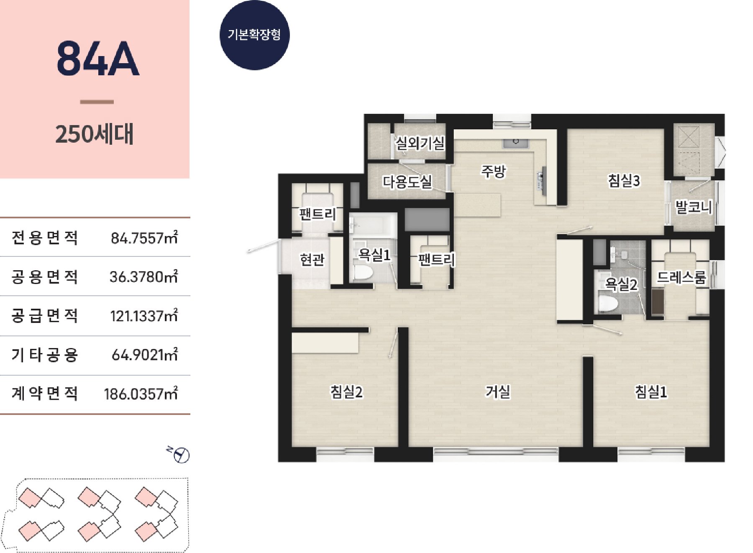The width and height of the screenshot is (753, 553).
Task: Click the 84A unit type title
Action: coord(97,59)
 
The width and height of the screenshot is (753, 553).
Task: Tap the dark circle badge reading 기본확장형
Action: coord(254,35)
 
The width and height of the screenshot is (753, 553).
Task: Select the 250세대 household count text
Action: coord(95,134)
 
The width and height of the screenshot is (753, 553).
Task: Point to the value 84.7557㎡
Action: coord(144,238)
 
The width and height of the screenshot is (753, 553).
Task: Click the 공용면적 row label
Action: coord(44,276)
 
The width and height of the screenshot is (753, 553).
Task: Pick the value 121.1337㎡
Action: coord(144,316)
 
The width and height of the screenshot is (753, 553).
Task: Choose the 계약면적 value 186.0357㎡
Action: coord(141,394)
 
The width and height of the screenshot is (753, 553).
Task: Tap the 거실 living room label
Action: coord(498,392)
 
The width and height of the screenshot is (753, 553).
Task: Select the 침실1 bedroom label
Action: coord(651,392)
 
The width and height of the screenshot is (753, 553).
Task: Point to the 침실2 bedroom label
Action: coord(346,392)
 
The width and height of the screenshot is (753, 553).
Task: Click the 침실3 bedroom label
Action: coord(624,181)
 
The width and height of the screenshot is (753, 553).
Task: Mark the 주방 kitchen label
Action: coord(494,171)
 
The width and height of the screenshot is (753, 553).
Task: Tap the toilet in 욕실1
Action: coord(362,271)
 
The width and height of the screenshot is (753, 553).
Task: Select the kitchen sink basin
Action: coord(516,142)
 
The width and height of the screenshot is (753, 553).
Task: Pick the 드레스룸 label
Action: coord(681,277)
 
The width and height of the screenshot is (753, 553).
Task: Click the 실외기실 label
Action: coord(420,143)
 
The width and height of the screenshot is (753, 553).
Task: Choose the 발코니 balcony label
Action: coord(694,207)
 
